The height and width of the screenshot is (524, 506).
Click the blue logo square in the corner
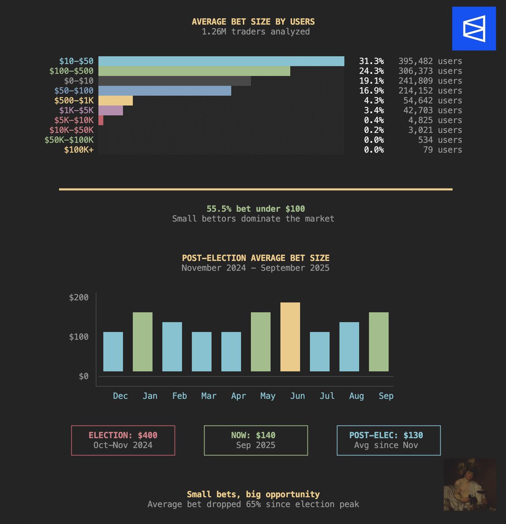pos(474,28)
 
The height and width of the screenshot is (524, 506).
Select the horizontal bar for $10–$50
pos(221,61)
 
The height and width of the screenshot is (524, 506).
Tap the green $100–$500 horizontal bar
pos(194,71)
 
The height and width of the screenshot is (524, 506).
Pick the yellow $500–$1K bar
pos(116,100)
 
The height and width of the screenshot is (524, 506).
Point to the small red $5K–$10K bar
pos(101,120)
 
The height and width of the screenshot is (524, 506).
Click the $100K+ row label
pos(79,150)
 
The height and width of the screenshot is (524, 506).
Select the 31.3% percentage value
pos(372,61)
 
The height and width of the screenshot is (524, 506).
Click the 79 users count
pos(442,150)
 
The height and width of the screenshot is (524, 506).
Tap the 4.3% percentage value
pos(374,100)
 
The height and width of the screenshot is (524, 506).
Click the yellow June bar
pos(290,337)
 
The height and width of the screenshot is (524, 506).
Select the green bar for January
pos(143,342)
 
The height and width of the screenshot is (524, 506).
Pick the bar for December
pos(113,352)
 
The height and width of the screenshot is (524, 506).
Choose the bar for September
pos(379,342)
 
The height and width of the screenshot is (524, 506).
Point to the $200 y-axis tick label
pos(79,297)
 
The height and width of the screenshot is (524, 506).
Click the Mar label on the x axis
pos(209,396)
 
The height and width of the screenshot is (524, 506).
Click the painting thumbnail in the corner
pos(470,485)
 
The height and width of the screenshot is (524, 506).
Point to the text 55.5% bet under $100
pos(256,209)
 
